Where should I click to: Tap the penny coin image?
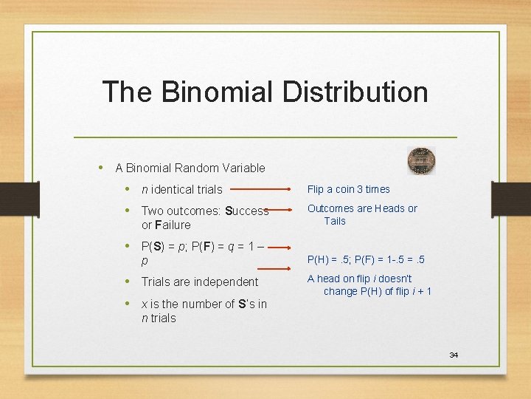point(422,160)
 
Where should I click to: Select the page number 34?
point(454,355)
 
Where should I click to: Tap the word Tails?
point(335,221)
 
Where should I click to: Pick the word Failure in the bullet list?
point(171,225)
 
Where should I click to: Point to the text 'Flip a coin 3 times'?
point(349,189)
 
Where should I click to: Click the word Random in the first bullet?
point(197,168)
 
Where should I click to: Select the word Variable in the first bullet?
point(243,168)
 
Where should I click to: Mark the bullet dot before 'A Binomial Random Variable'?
point(103,167)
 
